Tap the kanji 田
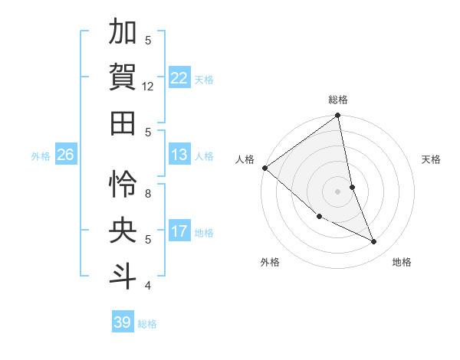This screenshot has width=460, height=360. tap(123, 122)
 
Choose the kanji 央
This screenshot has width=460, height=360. tap(123, 230)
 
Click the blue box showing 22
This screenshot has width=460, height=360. tap(179, 78)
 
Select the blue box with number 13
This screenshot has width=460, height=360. tap(179, 155)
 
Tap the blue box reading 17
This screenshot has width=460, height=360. tap(179, 231)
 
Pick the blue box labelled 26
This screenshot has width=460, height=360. tap(65, 155)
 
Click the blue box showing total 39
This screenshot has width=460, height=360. tap(122, 322)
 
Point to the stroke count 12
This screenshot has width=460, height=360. tap(148, 87)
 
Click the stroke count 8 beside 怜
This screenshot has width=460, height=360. tap(148, 194)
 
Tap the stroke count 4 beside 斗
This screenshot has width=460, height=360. tap(148, 286)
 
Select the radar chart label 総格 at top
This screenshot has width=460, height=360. tap(338, 100)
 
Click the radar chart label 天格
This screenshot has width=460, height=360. tap(432, 159)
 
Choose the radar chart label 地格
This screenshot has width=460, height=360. tap(402, 262)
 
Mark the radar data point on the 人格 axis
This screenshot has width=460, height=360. tap(264, 168)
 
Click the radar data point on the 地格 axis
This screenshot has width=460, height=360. tap(374, 242)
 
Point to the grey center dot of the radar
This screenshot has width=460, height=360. tap(337, 191)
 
